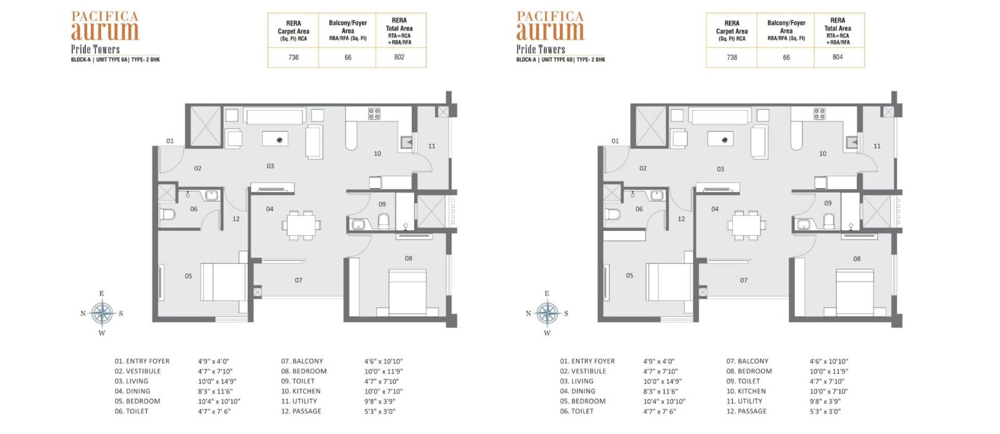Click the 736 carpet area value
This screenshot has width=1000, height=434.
(x=293, y=57)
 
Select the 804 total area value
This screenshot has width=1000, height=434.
(x=837, y=57)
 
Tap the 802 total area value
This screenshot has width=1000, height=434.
(x=399, y=57)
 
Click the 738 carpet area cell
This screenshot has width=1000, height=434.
(x=732, y=57)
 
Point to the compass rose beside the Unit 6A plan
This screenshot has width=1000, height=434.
(x=102, y=313)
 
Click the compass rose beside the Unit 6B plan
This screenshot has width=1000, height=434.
(x=547, y=313)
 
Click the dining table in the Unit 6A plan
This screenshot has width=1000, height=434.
(x=301, y=225)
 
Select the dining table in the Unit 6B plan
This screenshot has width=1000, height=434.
(x=746, y=225)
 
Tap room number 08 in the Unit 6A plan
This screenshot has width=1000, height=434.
(x=409, y=258)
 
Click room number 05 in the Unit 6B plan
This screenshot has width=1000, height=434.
(x=629, y=276)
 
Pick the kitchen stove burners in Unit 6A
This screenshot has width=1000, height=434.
(x=374, y=114)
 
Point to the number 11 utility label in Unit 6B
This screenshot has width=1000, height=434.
(x=877, y=146)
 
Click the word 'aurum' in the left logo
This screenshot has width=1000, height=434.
(x=105, y=31)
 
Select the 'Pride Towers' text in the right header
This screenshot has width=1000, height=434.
(x=541, y=49)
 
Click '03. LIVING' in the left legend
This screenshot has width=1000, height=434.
(x=131, y=381)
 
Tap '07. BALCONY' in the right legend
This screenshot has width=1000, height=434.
(x=747, y=361)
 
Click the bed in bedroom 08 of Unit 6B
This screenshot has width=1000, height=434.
(x=855, y=293)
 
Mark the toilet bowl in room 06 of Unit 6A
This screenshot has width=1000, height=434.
(x=167, y=214)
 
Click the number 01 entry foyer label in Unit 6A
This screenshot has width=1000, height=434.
(x=170, y=141)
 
